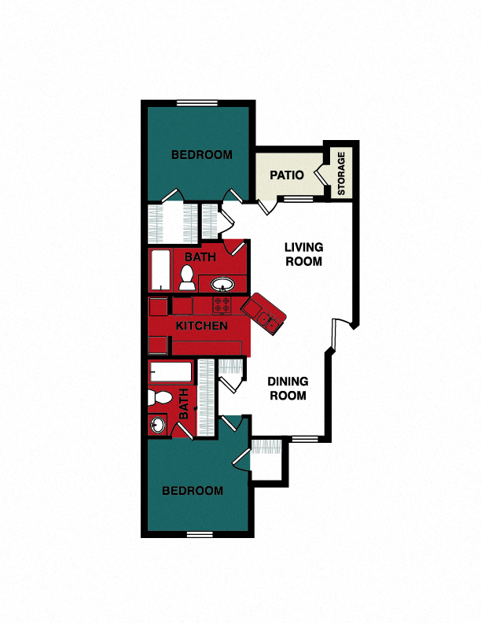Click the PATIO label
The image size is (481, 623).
[287, 175]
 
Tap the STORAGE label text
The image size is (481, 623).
[341, 174]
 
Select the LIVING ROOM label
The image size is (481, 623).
[303, 255]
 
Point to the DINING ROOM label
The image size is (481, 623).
[288, 389]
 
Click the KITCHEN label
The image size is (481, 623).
[202, 326]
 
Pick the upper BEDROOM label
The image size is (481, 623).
[202, 155]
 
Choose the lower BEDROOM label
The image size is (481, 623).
[193, 491]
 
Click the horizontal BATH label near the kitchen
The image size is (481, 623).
[200, 257]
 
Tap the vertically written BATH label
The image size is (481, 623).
[184, 404]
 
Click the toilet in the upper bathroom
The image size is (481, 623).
[188, 277]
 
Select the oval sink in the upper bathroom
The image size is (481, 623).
[222, 283]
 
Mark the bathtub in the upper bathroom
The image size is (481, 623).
[161, 271]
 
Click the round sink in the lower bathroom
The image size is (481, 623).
[157, 426]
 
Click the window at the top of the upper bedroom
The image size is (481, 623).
[196, 102]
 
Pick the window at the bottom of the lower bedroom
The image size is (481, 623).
[201, 535]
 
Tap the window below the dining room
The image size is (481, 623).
[305, 437]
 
